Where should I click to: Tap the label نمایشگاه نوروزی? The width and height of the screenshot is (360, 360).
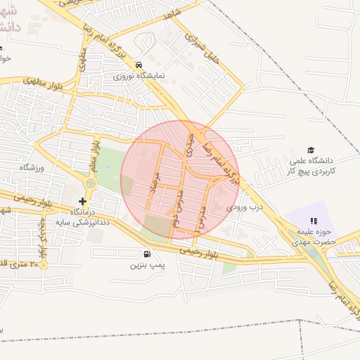[139, 74]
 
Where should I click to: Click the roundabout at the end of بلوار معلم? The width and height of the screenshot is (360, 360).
[90, 184]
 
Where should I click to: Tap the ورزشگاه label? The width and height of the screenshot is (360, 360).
[32, 167]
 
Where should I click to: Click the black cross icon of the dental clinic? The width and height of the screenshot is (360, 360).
[83, 201]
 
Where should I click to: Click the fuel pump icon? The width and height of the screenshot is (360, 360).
[146, 254]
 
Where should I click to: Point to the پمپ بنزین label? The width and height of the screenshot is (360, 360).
[146, 266]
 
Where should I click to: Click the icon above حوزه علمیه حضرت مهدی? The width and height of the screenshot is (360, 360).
[314, 221]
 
